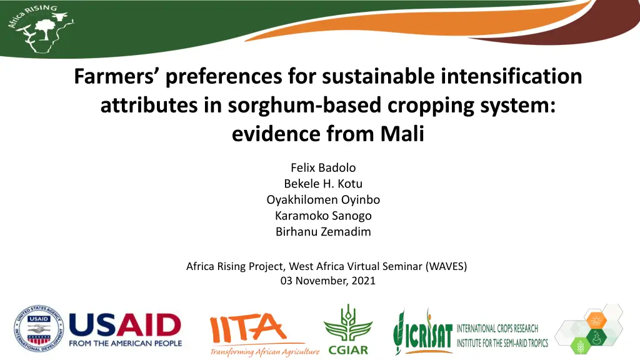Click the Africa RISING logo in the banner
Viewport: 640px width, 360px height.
[x=40, y=29]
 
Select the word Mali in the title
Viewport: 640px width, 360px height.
[x=402, y=134]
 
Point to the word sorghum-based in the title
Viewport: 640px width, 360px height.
[x=304, y=105]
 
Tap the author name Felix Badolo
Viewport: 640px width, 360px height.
[x=323, y=167]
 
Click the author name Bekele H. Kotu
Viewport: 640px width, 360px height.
[x=323, y=184]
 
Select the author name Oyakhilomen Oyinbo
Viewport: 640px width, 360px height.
[x=323, y=199]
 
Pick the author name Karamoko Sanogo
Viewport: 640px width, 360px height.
[x=323, y=216]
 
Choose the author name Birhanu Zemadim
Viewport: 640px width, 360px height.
[x=323, y=231]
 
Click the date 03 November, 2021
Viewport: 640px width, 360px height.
[x=327, y=281]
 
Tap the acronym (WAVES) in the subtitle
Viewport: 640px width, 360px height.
[x=446, y=266]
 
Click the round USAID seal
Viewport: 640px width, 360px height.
[x=39, y=329]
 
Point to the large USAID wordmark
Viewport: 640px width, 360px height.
[x=125, y=325]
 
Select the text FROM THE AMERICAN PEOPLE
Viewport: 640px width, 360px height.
[x=125, y=344]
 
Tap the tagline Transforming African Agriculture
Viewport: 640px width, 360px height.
[x=265, y=351]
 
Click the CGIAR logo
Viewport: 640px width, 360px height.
[x=348, y=330]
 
